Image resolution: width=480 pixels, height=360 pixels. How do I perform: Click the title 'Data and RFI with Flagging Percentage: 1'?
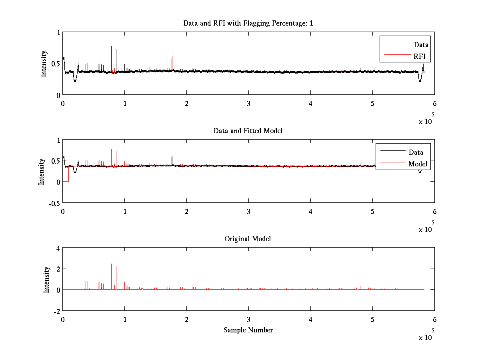pos(248,23)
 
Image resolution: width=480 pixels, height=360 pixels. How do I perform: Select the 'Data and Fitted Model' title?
pos(248,131)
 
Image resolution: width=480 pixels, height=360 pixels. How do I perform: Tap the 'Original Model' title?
pos(248,239)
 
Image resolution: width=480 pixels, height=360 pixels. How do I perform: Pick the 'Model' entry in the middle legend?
pos(418,164)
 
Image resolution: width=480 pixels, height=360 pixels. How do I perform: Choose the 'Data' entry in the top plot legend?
pos(421,45)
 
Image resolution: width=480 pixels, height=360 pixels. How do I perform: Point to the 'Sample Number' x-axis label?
pos(248,330)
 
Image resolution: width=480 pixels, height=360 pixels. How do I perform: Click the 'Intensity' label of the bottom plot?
pos(47,279)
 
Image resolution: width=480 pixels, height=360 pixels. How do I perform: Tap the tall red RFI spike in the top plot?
pos(172,63)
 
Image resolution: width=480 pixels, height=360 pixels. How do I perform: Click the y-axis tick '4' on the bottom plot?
pos(58,248)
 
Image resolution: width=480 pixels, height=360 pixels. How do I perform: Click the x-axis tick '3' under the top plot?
pos(249,103)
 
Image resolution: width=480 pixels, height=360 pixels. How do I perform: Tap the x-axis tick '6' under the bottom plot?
pos(434,319)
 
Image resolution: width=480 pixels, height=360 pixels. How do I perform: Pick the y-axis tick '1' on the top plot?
pos(58,33)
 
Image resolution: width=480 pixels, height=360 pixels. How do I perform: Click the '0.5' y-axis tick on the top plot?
pos(55,64)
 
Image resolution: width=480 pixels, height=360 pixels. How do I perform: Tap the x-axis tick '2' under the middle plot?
pos(187,211)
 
